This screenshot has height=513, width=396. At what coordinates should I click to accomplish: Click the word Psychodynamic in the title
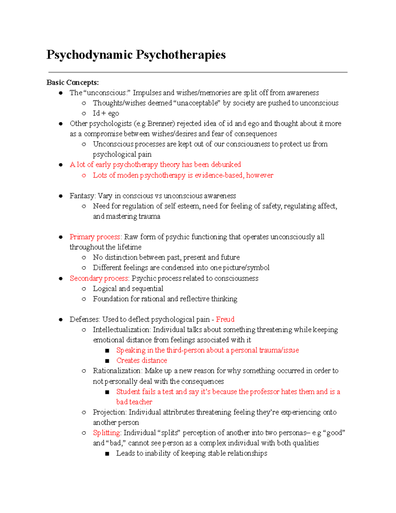click(89, 55)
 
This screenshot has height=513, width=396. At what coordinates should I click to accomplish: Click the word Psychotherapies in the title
click(181, 55)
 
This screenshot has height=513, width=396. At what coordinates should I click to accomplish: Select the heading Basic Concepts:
click(73, 82)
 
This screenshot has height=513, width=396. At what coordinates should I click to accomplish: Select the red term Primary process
click(95, 237)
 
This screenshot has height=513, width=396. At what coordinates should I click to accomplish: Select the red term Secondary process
click(99, 278)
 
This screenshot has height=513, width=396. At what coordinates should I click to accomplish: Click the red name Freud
click(225, 319)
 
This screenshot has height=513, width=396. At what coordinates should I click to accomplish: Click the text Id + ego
click(106, 113)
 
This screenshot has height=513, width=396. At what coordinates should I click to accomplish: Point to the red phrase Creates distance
click(142, 360)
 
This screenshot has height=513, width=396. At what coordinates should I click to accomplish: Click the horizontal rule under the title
click(198, 72)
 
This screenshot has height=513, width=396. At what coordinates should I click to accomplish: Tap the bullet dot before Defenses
click(61, 319)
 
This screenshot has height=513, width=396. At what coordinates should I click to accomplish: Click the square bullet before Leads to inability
click(107, 454)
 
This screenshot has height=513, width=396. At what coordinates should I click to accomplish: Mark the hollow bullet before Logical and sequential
click(84, 289)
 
